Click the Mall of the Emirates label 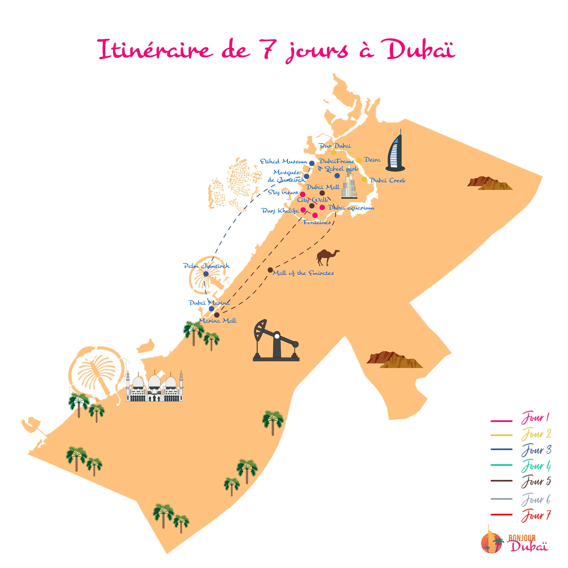click(303, 273)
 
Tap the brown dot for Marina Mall click(217, 315)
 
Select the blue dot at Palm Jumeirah click(206, 274)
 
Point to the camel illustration click(327, 257)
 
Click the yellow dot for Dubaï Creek click(364, 179)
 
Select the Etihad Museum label click(283, 161)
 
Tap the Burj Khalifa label click(280, 211)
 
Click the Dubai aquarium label click(351, 208)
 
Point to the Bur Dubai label click(335, 145)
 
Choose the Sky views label click(283, 192)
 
